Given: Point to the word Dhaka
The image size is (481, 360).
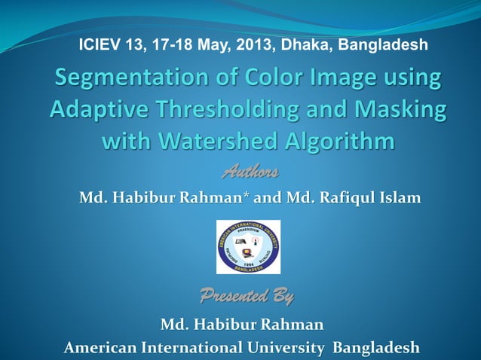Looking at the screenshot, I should (306, 45).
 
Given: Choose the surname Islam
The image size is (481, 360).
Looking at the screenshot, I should (398, 198).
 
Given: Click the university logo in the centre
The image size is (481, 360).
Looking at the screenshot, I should (248, 247).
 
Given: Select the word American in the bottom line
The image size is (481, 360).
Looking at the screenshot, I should (100, 347).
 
